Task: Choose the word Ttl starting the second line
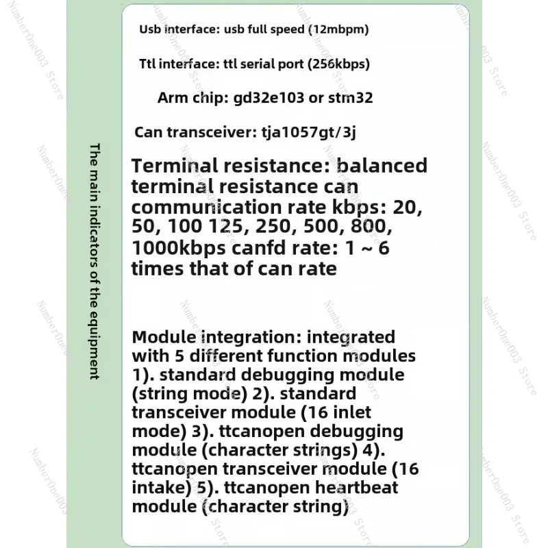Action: pyautogui.click(x=147, y=64)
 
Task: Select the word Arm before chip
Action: pyautogui.click(x=171, y=98)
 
